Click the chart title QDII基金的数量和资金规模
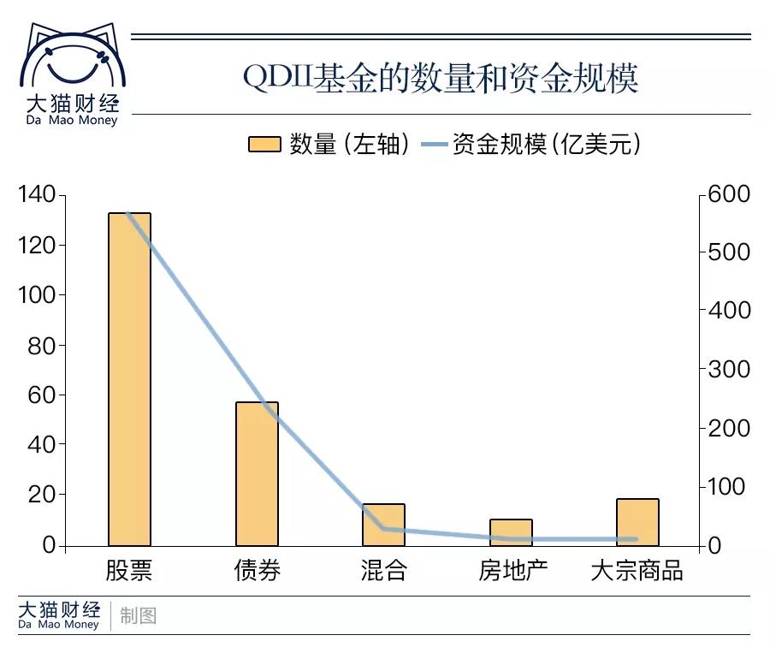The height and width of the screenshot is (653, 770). (x=441, y=80)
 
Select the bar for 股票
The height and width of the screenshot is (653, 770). (x=129, y=378)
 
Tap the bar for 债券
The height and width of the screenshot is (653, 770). (x=257, y=473)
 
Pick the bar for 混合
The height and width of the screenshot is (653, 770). (x=383, y=525)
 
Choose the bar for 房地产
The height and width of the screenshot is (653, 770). (x=511, y=532)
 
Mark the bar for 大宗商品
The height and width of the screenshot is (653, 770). (x=637, y=522)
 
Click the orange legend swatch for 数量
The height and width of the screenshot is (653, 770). (x=264, y=145)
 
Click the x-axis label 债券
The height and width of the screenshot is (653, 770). (x=257, y=571)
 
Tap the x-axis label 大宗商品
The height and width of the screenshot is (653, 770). (x=637, y=571)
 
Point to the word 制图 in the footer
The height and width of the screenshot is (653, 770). (x=139, y=615)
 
